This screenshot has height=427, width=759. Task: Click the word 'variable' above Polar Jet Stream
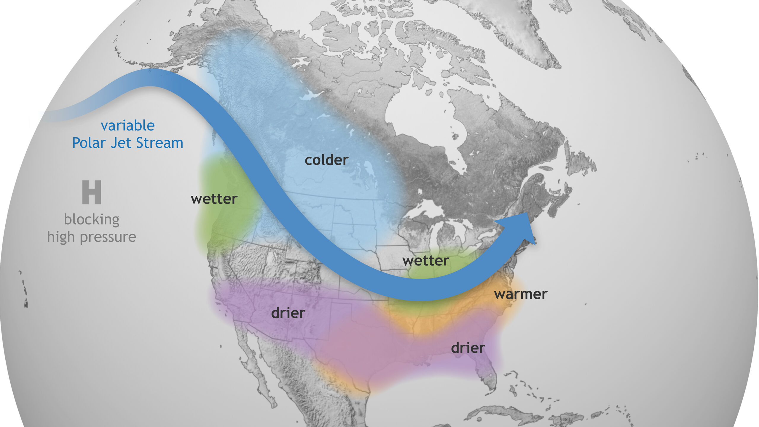click(x=127, y=126)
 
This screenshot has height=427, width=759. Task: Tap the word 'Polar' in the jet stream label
click(x=89, y=143)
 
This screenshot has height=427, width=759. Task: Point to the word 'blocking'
click(x=92, y=220)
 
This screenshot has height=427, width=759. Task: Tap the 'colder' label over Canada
click(x=326, y=160)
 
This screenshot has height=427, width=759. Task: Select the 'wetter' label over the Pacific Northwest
click(x=214, y=199)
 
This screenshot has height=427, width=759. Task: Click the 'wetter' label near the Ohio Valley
click(x=425, y=261)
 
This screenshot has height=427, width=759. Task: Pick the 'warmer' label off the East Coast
click(x=520, y=294)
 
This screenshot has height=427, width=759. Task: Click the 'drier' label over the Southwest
click(x=288, y=313)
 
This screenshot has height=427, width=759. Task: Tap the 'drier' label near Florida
click(x=468, y=348)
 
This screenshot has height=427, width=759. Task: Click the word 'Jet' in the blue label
click(x=121, y=143)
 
